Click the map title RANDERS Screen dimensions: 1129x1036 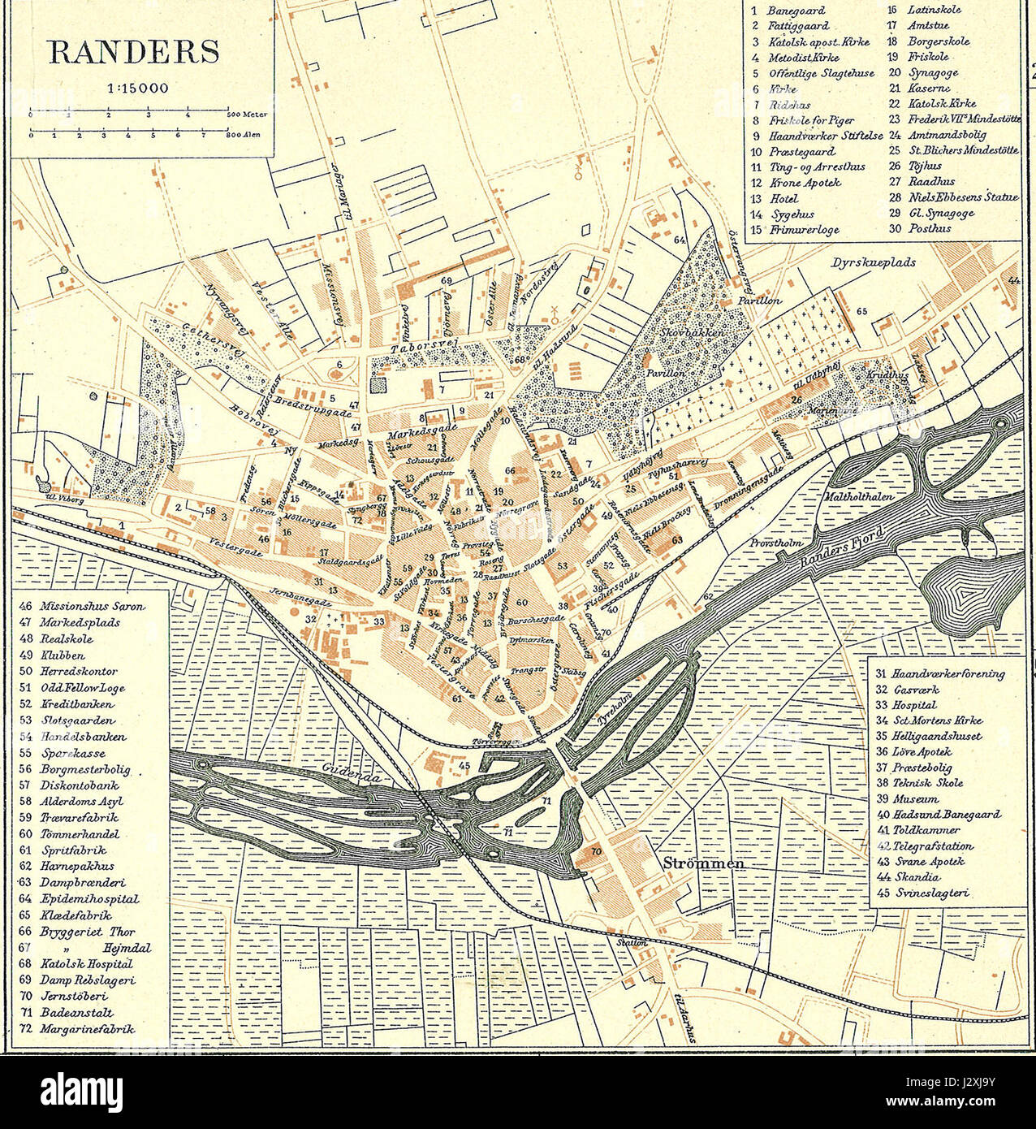coord(134,51)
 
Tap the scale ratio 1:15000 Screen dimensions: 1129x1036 coord(136,88)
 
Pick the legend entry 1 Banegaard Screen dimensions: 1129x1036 coord(788,11)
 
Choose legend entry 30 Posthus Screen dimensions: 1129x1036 coord(919,228)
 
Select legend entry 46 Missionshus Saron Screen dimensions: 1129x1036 coord(82,606)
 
